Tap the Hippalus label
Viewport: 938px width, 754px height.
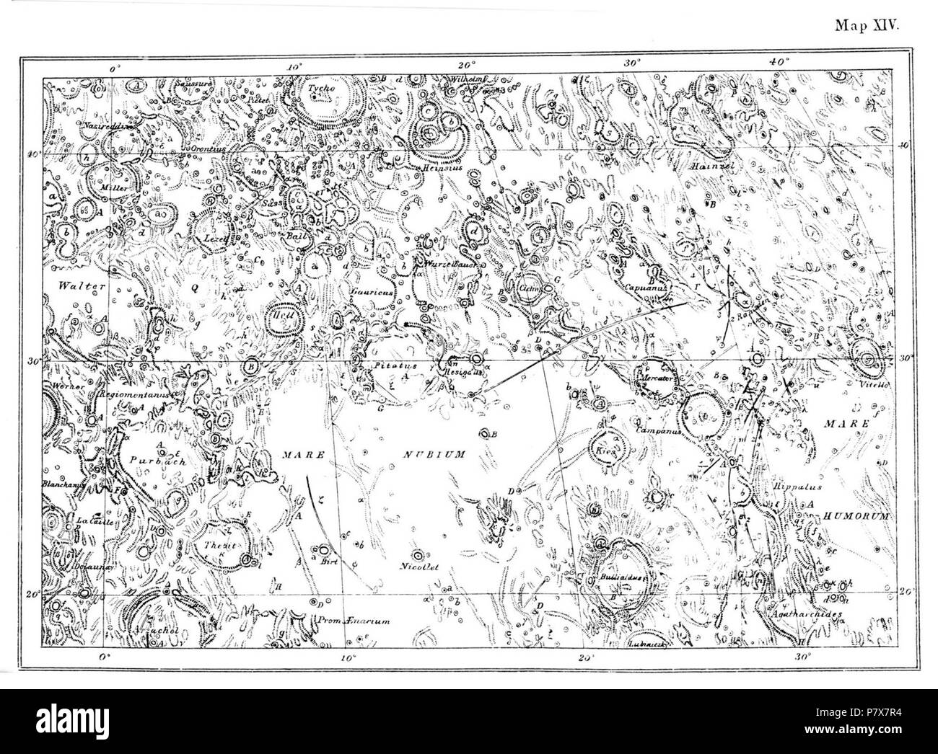(x=796, y=486)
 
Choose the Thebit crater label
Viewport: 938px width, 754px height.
(x=221, y=546)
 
